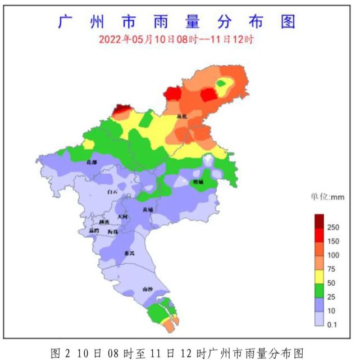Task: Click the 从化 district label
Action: pos(181,116)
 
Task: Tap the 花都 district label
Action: pos(92,162)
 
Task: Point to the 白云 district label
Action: pos(112,192)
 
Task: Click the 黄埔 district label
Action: pos(148,209)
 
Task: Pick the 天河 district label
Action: pos(122,216)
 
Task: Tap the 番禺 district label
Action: pos(129,253)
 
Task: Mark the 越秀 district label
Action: pos(103,222)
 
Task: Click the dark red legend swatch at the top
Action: pos(318,220)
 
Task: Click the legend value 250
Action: pos(333,227)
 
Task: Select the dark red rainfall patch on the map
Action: pos(120,110)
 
